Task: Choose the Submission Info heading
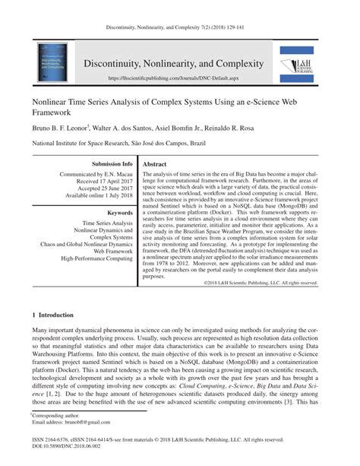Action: [112, 163]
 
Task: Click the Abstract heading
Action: [155, 163]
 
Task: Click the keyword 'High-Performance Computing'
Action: [96, 258]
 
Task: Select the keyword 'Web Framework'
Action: [112, 249]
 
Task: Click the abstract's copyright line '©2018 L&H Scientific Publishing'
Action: [239, 283]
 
